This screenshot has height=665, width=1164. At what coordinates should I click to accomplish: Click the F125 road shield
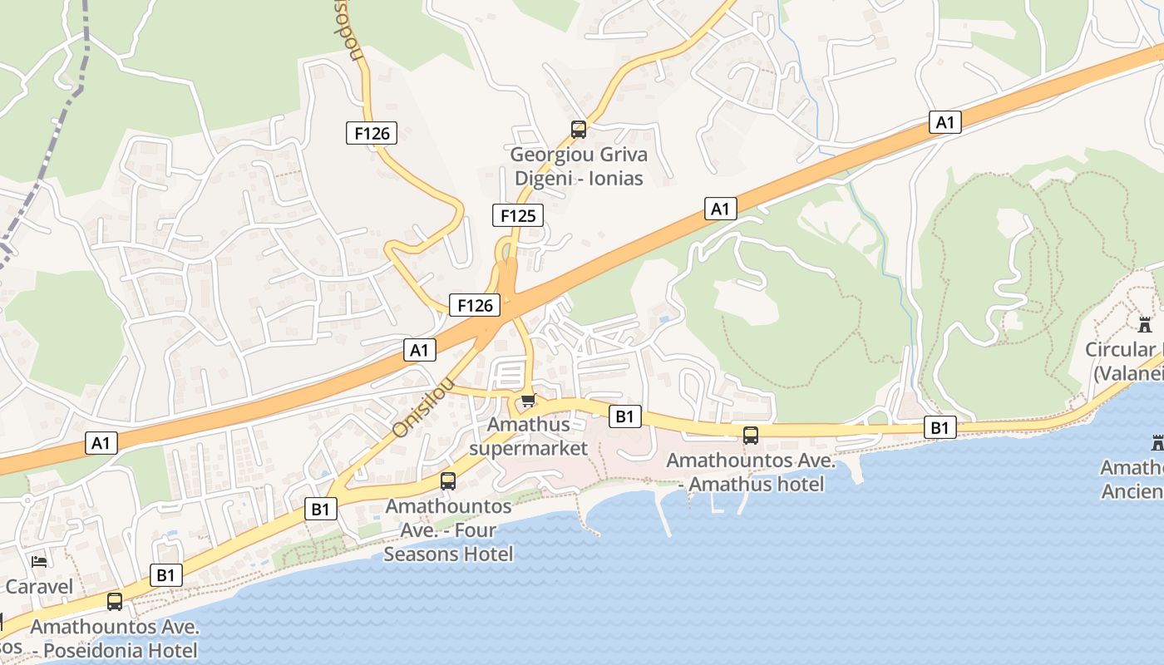pyautogui.click(x=518, y=216)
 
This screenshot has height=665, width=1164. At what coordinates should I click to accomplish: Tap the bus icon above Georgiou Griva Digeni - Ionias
pyautogui.click(x=579, y=130)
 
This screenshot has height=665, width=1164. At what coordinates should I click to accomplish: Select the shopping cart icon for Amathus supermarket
pyautogui.click(x=528, y=401)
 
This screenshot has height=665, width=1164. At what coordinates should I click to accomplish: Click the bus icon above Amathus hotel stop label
pyautogui.click(x=751, y=435)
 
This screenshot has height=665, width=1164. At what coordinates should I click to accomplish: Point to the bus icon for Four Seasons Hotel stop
pyautogui.click(x=448, y=480)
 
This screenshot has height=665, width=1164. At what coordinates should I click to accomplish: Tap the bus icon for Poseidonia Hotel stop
pyautogui.click(x=115, y=601)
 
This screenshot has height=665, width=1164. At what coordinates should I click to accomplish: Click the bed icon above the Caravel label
pyautogui.click(x=39, y=561)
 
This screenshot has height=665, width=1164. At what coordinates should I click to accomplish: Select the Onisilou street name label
pyautogui.click(x=424, y=406)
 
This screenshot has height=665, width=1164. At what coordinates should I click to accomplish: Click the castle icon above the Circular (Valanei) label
pyautogui.click(x=1145, y=323)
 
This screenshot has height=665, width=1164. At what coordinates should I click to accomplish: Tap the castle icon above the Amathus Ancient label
pyautogui.click(x=1157, y=442)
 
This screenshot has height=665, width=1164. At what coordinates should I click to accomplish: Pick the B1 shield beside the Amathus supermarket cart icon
pyautogui.click(x=624, y=416)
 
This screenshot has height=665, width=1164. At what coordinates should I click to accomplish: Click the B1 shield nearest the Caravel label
pyautogui.click(x=165, y=574)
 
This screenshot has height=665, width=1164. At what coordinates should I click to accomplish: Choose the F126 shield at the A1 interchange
pyautogui.click(x=476, y=305)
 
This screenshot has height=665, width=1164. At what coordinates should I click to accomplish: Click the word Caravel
pyautogui.click(x=39, y=587)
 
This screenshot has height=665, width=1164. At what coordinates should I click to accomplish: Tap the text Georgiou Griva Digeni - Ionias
pyautogui.click(x=579, y=166)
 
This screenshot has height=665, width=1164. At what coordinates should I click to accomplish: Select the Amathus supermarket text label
pyautogui.click(x=529, y=436)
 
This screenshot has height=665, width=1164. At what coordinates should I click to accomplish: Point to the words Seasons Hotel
pyautogui.click(x=448, y=554)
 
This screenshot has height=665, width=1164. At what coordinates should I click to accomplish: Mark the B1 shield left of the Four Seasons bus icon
pyautogui.click(x=321, y=509)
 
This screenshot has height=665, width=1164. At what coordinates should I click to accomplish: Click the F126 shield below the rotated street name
pyautogui.click(x=372, y=132)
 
